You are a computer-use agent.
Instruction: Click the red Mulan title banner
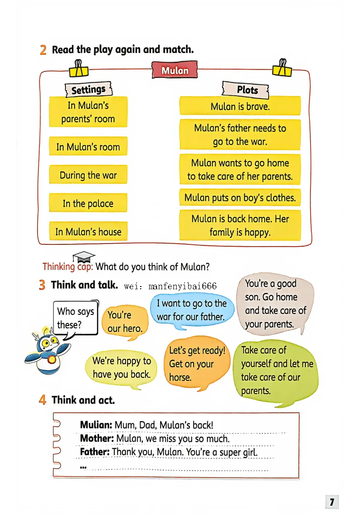(x=175, y=70)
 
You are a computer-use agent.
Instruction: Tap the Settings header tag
(x=88, y=89)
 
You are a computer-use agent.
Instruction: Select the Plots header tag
(x=247, y=90)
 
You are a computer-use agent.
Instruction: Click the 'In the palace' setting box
(x=88, y=203)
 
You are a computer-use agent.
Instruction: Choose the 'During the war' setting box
(x=88, y=175)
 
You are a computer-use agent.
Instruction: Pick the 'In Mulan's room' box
(x=88, y=146)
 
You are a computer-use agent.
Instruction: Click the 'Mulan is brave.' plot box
(x=240, y=106)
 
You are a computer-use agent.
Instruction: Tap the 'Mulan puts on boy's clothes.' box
(x=240, y=198)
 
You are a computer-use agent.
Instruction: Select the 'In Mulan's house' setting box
(x=88, y=232)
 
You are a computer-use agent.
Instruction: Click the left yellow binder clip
(x=78, y=69)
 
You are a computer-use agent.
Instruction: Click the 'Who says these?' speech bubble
(x=75, y=318)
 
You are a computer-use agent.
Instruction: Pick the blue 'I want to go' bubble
(x=191, y=310)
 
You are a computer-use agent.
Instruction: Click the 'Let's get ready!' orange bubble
(x=197, y=363)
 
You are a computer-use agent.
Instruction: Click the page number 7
(x=332, y=502)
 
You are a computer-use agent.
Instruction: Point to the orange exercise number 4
(x=43, y=400)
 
